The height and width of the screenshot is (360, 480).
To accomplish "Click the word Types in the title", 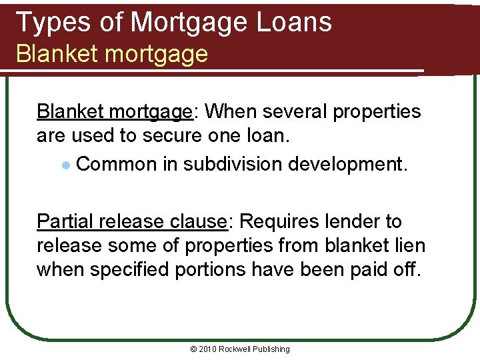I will point(49,22).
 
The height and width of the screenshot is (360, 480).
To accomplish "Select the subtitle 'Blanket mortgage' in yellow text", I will point(112,54).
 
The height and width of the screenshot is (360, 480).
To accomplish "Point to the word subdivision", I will point(224,163).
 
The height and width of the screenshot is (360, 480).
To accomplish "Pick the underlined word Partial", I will point(63,221).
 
